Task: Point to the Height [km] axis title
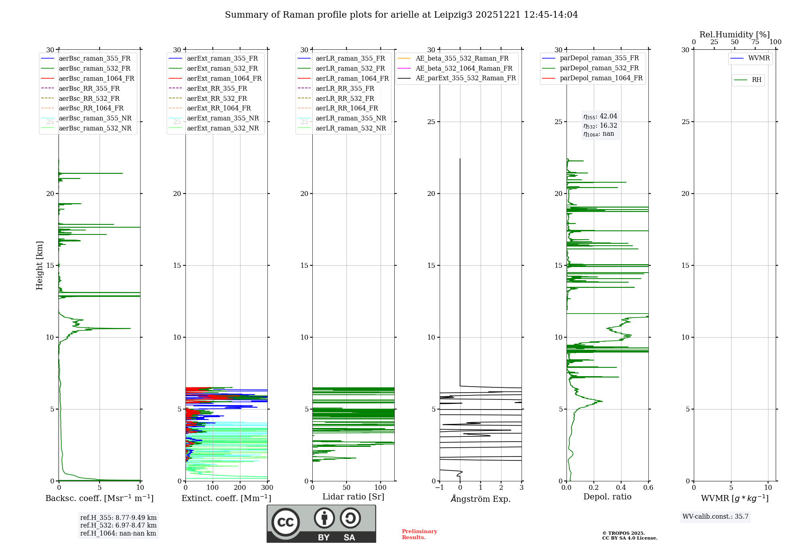point(39,265)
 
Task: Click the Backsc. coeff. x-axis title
point(100,498)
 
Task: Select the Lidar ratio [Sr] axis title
point(353,497)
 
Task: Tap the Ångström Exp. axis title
point(481,499)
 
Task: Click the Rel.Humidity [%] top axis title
point(734,35)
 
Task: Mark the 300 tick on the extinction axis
point(267,488)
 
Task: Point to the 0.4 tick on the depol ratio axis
point(621,488)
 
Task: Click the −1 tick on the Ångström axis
point(440,488)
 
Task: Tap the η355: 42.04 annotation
point(600,116)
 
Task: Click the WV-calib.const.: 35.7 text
point(715,517)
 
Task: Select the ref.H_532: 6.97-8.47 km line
point(118,526)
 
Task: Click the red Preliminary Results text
point(419,534)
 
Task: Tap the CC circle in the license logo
point(285,522)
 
